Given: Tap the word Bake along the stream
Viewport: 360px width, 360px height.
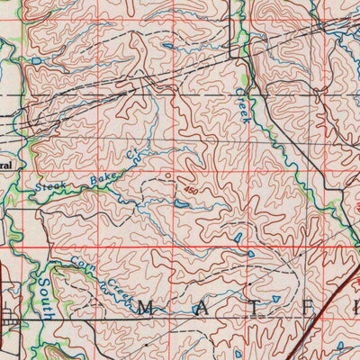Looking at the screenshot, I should [x=100, y=177].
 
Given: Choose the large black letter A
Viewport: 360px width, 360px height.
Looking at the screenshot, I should [x=197, y=310].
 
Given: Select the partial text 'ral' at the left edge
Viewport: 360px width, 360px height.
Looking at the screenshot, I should [x=5, y=166].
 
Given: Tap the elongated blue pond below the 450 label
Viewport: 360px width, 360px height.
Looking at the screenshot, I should [x=183, y=204].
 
